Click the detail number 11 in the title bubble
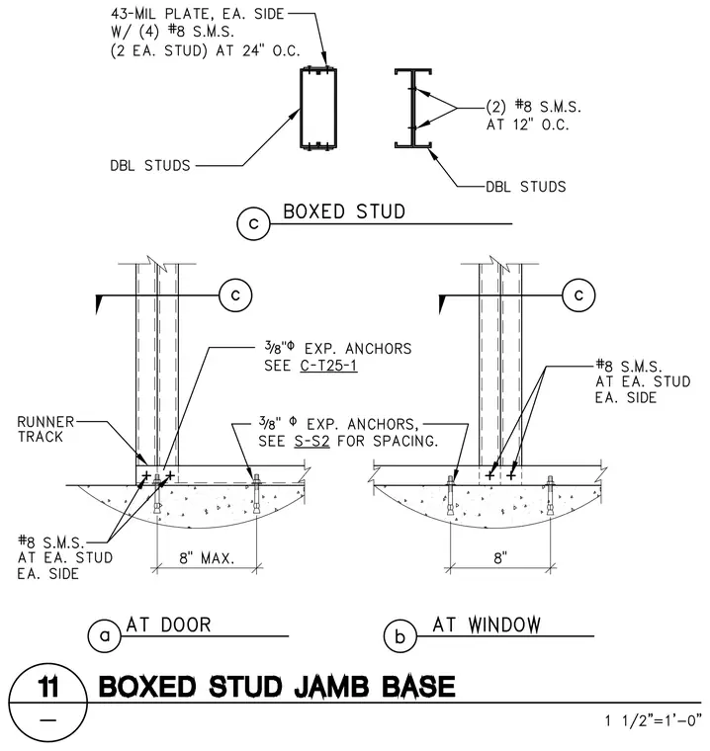(47, 687)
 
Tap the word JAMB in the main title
(331, 687)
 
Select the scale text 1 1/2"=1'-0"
(653, 720)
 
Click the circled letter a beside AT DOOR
(105, 636)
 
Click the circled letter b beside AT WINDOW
(400, 636)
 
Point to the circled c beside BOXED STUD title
(253, 223)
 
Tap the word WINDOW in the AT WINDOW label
(504, 626)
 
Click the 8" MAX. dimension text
(207, 558)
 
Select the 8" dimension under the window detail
(500, 558)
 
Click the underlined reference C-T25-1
(329, 366)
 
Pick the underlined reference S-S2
(311, 441)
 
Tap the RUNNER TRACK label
(45, 429)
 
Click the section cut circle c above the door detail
(235, 295)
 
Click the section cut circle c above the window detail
(578, 295)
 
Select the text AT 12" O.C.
(528, 125)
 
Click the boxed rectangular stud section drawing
(318, 109)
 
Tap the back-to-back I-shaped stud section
(412, 109)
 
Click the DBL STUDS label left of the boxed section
(150, 166)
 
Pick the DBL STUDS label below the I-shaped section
(526, 187)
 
